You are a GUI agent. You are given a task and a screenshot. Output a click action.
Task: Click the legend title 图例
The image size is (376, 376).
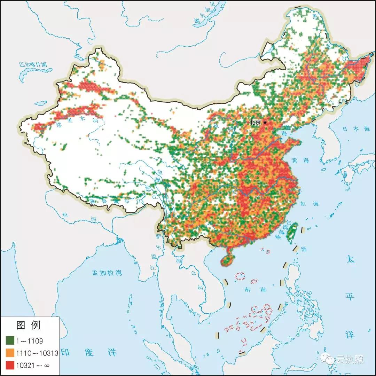click(29, 325)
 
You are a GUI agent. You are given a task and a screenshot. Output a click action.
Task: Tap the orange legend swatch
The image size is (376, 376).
click(10, 353)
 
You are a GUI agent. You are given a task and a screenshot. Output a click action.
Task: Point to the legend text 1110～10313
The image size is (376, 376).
click(36, 353)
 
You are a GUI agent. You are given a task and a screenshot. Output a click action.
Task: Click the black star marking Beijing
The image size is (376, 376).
click(265, 122)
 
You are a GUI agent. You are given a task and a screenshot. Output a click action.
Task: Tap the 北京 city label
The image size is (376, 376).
click(255, 122)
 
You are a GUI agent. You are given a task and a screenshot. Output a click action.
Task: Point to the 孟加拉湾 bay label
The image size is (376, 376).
click(107, 273)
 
